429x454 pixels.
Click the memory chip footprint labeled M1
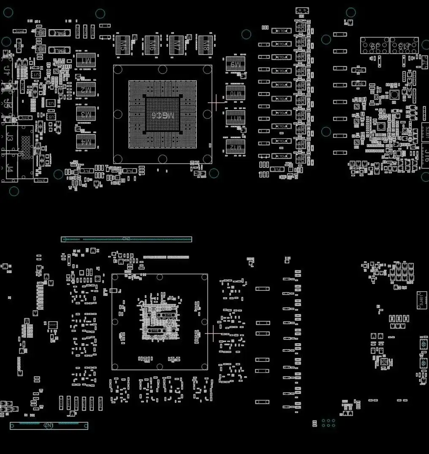click(86, 60)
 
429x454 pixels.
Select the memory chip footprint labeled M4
click(86, 142)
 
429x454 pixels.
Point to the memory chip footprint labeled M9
click(236, 64)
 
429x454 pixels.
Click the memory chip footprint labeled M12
click(236, 147)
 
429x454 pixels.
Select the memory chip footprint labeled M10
click(236, 93)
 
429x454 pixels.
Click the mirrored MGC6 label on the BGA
click(163, 115)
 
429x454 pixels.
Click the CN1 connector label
click(49, 426)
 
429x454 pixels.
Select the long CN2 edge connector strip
click(126, 239)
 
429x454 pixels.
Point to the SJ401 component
click(421, 300)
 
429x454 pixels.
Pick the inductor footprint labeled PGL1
click(281, 31)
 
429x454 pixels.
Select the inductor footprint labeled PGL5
click(281, 85)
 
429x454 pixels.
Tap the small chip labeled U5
click(51, 116)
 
